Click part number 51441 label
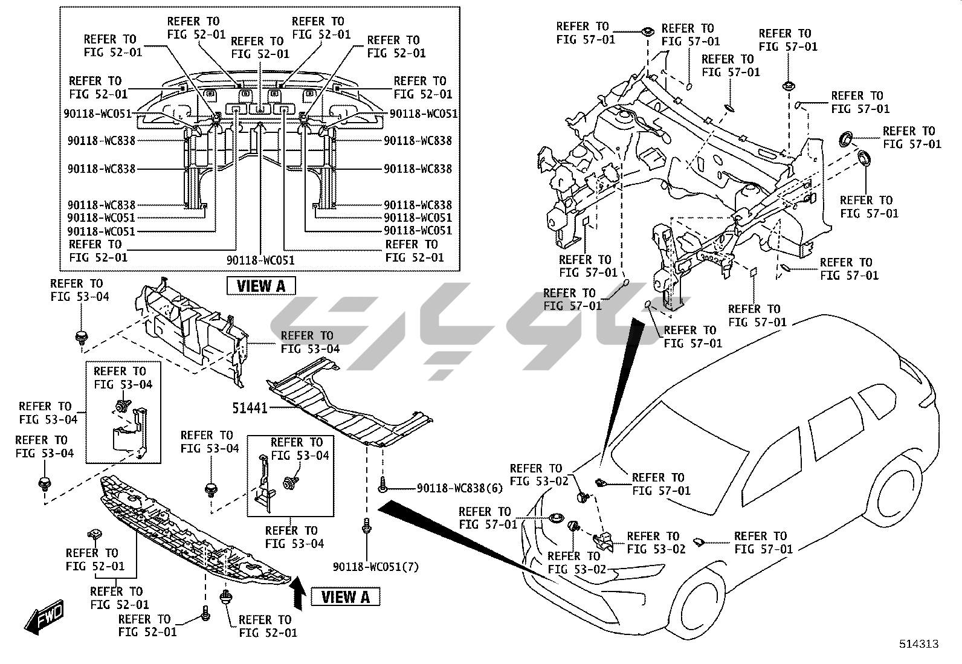click(x=250, y=408)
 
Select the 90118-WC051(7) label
click(x=375, y=567)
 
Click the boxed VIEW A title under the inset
click(x=261, y=286)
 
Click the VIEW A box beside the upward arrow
click(x=345, y=597)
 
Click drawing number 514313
click(x=918, y=644)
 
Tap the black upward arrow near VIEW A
click(x=297, y=591)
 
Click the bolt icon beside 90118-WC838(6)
click(x=383, y=483)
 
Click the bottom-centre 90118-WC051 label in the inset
click(x=260, y=260)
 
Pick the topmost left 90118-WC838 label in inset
click(x=102, y=141)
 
